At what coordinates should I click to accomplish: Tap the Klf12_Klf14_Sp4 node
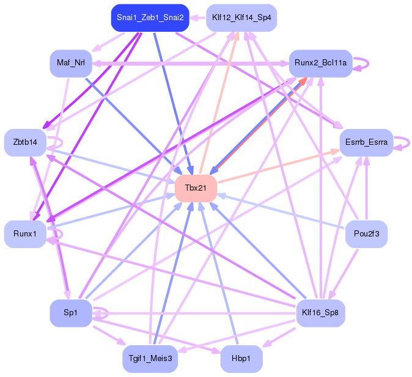pyautogui.click(x=241, y=18)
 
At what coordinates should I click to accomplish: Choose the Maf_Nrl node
pyautogui.click(x=70, y=63)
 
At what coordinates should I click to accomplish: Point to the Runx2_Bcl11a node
pyautogui.click(x=320, y=63)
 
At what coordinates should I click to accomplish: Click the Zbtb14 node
pyautogui.click(x=25, y=142)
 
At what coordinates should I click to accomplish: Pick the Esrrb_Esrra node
pyautogui.click(x=365, y=142)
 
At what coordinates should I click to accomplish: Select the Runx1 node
pyautogui.click(x=25, y=234)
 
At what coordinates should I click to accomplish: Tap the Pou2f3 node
pyautogui.click(x=366, y=234)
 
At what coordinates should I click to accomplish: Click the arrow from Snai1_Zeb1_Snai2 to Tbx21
pyautogui.click(x=174, y=104)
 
